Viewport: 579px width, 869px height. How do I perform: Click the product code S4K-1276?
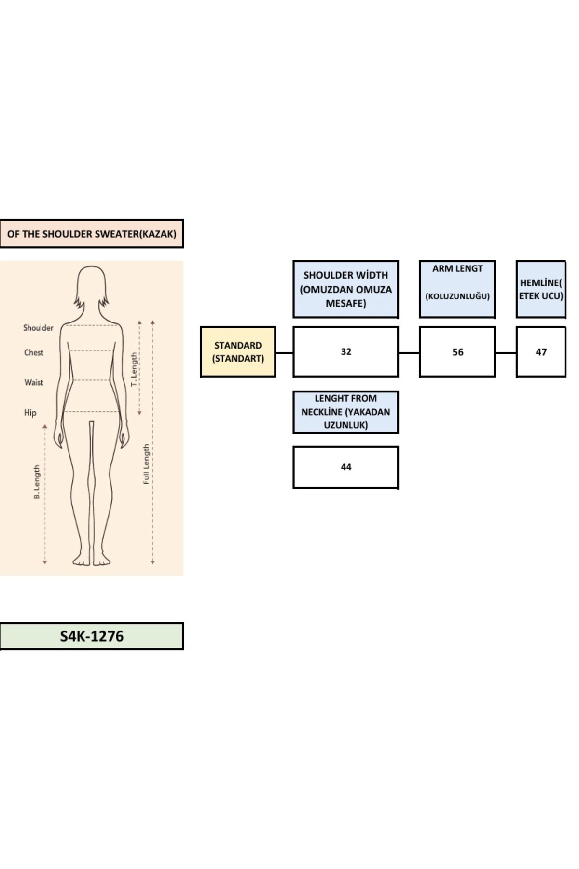point(92,636)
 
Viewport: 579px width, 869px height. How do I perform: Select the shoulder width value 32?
point(345,352)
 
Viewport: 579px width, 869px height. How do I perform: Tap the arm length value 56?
point(457,352)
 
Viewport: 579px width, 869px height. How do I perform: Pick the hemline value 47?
point(541,352)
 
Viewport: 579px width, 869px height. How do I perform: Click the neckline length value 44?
point(345,467)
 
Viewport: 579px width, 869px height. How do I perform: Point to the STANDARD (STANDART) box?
point(238,352)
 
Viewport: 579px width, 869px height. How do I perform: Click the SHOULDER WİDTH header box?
point(345,289)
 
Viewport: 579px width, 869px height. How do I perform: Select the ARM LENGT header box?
point(457,289)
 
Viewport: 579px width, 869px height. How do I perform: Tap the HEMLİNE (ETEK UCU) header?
point(541,289)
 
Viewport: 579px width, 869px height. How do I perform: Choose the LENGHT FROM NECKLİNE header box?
point(345,412)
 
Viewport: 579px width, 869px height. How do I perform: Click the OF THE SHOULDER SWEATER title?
point(92,234)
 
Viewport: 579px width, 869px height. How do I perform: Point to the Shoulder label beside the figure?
point(38,328)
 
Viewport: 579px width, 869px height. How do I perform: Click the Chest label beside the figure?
point(34,352)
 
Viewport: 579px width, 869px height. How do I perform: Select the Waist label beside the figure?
point(34,382)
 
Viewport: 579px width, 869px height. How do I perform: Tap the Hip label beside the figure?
point(30,413)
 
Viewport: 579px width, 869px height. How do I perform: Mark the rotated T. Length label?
point(135,369)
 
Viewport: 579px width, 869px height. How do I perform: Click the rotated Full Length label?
point(146,464)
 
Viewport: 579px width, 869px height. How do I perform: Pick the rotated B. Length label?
point(37,482)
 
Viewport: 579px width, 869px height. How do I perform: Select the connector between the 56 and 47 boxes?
point(506,353)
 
